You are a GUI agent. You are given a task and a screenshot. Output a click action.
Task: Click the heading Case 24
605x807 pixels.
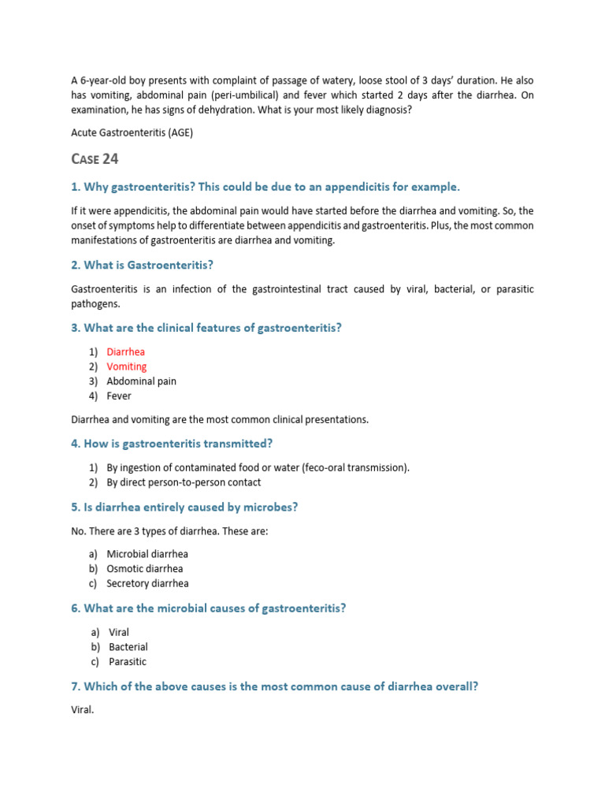[95, 159]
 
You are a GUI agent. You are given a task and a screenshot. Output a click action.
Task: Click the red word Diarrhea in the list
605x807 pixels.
[126, 352]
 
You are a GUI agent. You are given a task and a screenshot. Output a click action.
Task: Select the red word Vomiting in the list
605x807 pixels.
[127, 366]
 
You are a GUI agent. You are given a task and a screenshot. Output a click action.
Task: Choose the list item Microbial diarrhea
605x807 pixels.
[147, 554]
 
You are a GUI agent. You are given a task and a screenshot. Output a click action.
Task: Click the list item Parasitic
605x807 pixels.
[128, 662]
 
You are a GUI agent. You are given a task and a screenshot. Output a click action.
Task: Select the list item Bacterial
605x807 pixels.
[128, 647]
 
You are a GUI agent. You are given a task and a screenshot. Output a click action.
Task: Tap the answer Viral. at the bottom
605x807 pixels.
[83, 710]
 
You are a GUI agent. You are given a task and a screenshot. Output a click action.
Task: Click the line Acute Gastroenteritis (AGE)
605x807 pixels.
[132, 132]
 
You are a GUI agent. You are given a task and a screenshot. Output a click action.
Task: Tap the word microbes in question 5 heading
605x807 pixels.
[269, 508]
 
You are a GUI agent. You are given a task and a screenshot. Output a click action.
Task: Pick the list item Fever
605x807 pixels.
[119, 396]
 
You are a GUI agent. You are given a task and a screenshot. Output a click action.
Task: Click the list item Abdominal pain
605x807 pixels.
[142, 381]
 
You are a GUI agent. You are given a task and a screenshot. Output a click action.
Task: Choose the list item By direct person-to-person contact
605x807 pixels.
[184, 482]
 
